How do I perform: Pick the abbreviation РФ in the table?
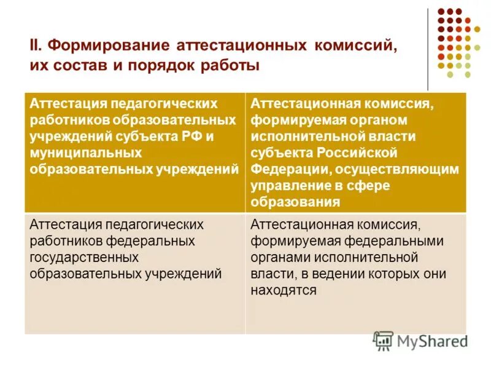(x=190, y=137)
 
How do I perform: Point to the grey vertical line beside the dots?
(x=428, y=49)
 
